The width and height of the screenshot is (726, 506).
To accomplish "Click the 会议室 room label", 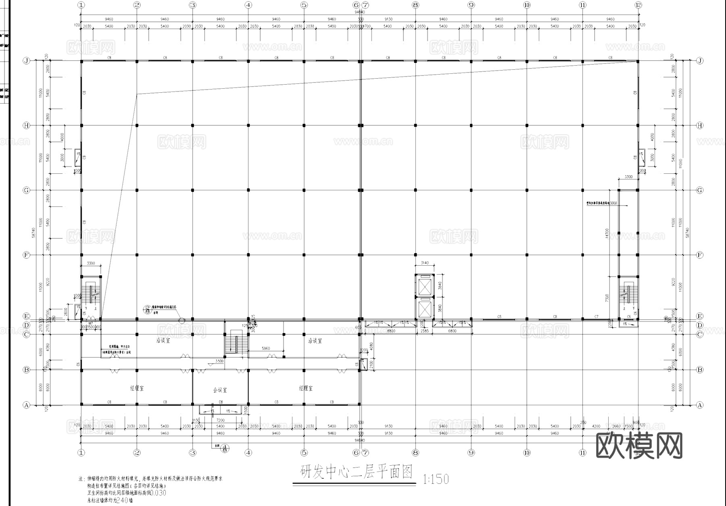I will [x=220, y=390].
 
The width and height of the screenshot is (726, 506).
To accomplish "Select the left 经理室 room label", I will [x=137, y=388].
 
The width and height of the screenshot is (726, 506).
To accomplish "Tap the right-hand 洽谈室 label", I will [x=315, y=341].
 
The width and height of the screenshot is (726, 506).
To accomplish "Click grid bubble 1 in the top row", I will [x=81, y=5].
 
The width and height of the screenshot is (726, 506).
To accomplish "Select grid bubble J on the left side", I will [x=27, y=61].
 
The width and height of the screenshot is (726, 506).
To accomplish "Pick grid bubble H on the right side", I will [x=700, y=125].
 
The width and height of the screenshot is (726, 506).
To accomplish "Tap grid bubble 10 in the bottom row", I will [x=527, y=453].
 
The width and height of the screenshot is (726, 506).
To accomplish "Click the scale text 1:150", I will [x=436, y=479].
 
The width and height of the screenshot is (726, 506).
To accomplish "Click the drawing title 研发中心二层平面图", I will [x=356, y=472].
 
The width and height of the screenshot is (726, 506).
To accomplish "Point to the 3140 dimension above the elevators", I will [x=425, y=263].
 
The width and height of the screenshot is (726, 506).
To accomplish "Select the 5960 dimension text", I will [x=266, y=348].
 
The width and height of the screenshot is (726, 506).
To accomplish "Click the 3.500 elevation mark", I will [x=219, y=361].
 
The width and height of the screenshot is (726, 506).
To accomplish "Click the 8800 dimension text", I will [x=391, y=331].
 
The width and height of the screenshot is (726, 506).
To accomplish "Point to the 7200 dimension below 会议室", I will [x=220, y=420].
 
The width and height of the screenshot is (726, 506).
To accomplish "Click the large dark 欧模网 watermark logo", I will [x=639, y=446].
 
